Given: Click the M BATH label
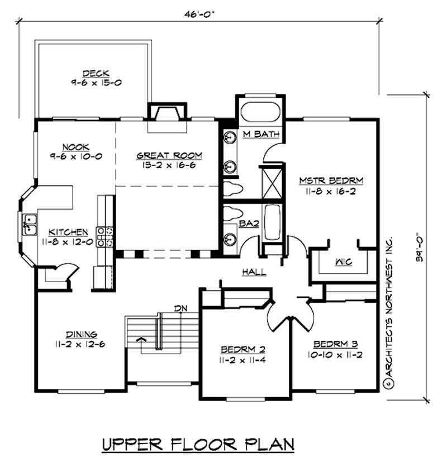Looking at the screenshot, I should pyautogui.click(x=257, y=134).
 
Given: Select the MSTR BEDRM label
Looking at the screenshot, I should pyautogui.click(x=331, y=180).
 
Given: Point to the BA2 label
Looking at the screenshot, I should pyautogui.click(x=247, y=223).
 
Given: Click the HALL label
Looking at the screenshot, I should pyautogui.click(x=254, y=272).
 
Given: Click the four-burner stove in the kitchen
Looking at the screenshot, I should pyautogui.click(x=106, y=236).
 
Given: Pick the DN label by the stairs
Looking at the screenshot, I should pyautogui.click(x=180, y=308).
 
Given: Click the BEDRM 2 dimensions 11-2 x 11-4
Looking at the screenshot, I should pyautogui.click(x=242, y=360).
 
